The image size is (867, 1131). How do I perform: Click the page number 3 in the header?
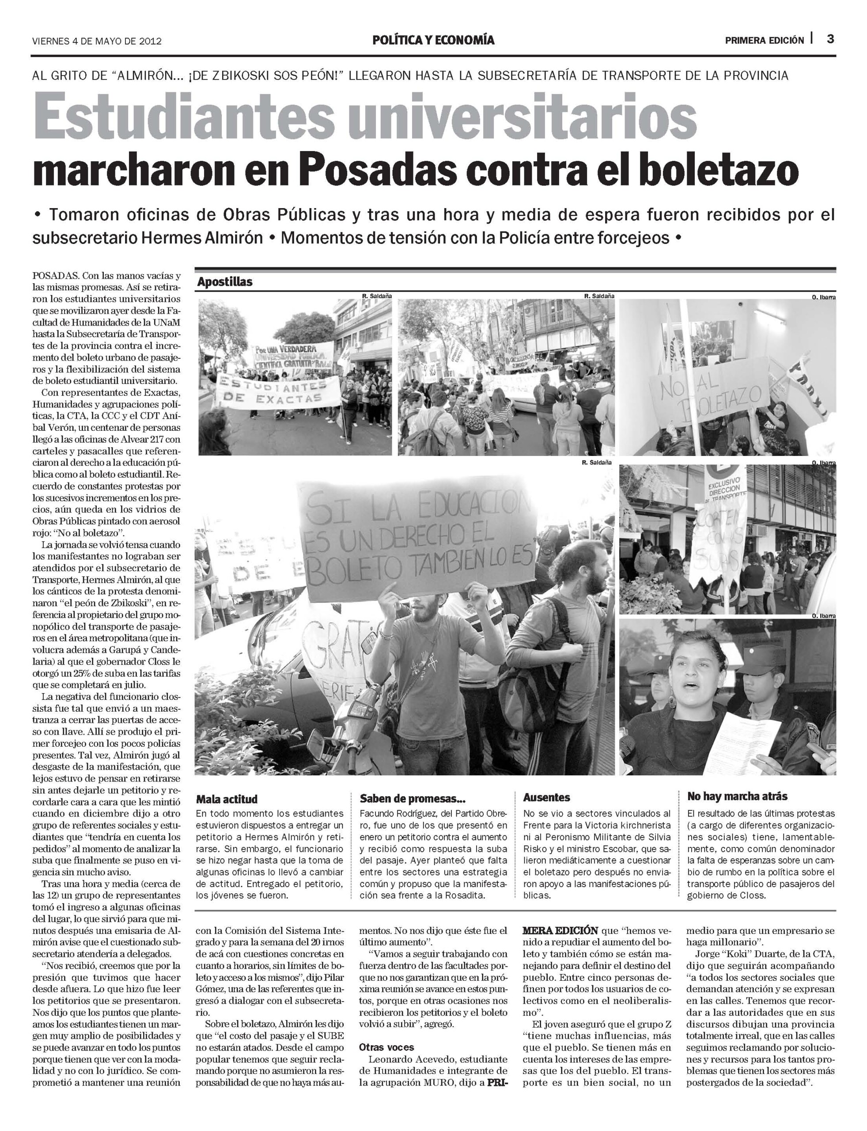point(830,39)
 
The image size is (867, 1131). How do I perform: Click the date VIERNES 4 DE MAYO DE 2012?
point(97,41)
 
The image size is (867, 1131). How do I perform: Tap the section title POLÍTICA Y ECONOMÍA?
point(434,40)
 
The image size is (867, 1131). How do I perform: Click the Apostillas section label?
point(224,282)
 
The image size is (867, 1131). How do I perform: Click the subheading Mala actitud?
point(227,799)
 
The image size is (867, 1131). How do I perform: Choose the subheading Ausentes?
point(546,797)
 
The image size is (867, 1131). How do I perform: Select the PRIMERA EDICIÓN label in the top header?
point(764,40)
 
